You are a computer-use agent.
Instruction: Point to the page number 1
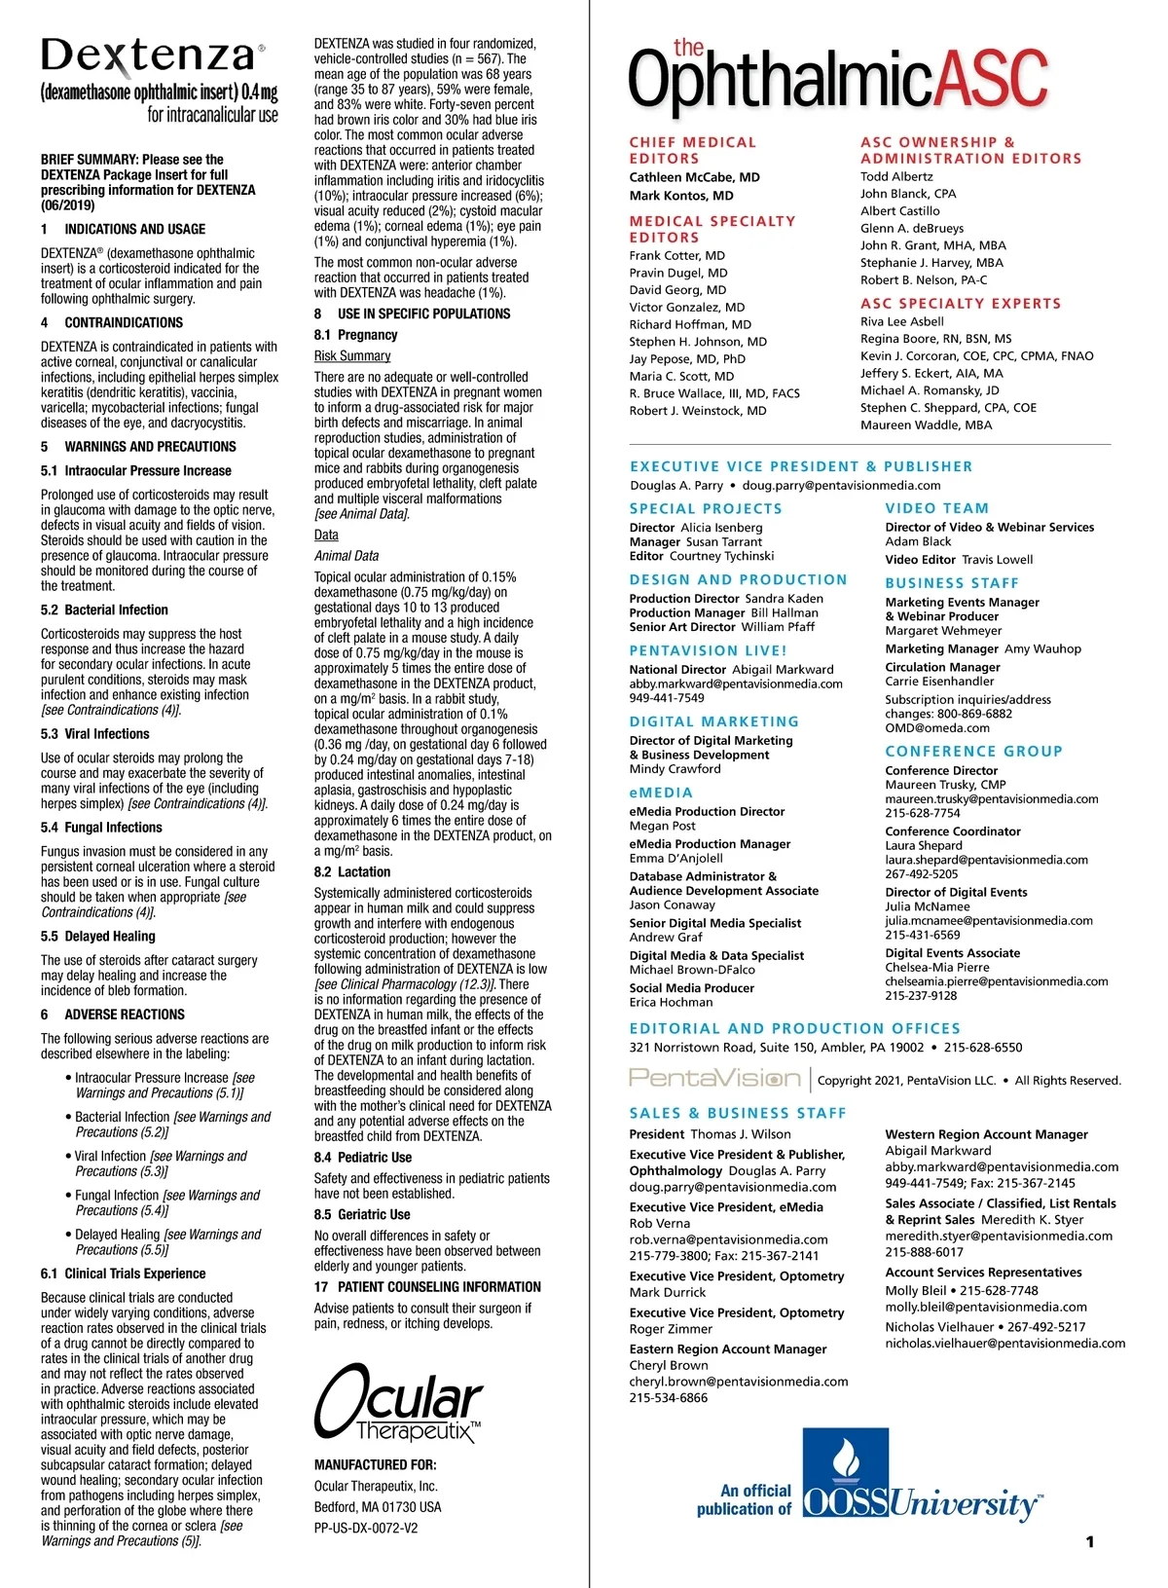pyautogui.click(x=1090, y=1541)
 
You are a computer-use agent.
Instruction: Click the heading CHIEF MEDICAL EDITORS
pyautogui.click(x=692, y=150)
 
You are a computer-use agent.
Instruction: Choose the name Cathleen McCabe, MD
pyautogui.click(x=694, y=177)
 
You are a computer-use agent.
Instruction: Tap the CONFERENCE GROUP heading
pyautogui.click(x=973, y=752)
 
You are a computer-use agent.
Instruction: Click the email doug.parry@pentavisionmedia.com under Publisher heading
pyautogui.click(x=841, y=485)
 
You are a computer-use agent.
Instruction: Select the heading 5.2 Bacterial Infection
pyautogui.click(x=104, y=610)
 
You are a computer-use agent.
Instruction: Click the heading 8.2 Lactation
pyautogui.click(x=351, y=872)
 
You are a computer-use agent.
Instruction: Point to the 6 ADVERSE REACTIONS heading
pyautogui.click(x=112, y=1015)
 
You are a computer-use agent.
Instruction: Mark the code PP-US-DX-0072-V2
pyautogui.click(x=365, y=1528)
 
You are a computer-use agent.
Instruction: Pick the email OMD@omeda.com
pyautogui.click(x=936, y=727)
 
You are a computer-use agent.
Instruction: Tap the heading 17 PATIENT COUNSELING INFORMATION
pyautogui.click(x=427, y=1287)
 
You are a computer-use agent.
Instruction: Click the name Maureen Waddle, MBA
pyautogui.click(x=926, y=425)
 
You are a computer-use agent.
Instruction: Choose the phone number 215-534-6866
pyautogui.click(x=668, y=1398)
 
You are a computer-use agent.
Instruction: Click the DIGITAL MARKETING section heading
pyautogui.click(x=713, y=721)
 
